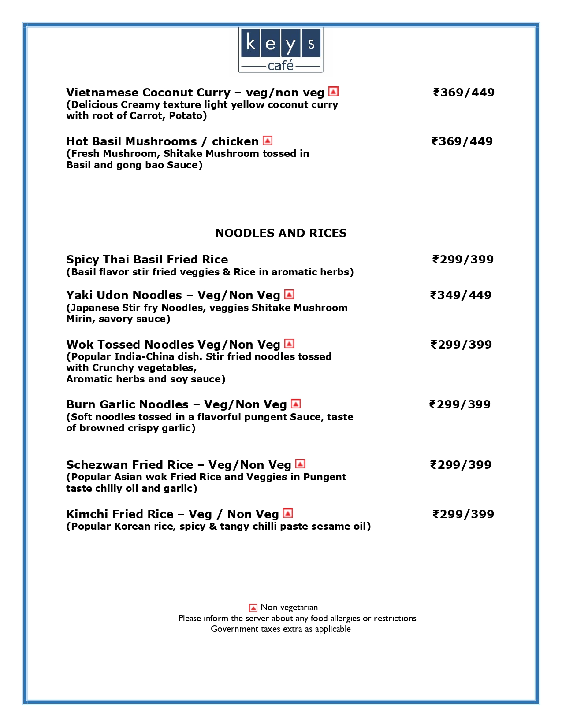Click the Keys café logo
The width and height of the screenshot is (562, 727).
tap(281, 50)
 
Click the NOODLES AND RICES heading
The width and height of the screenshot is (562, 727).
tap(281, 233)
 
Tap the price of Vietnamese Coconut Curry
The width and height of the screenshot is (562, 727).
tap(464, 93)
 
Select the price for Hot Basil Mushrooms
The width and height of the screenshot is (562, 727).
tap(462, 141)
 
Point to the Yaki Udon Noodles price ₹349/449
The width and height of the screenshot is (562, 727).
tap(461, 295)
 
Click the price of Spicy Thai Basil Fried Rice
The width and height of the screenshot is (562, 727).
tap(463, 260)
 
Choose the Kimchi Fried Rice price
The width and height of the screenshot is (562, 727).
tap(463, 514)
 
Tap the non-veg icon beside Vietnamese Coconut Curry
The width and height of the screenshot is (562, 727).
tap(334, 92)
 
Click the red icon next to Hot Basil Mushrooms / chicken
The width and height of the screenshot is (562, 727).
tap(268, 141)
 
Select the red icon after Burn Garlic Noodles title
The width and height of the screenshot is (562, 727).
tap(296, 404)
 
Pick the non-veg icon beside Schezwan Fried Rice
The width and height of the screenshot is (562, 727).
tap(300, 464)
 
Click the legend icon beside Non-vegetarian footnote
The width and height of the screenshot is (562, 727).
tap(253, 608)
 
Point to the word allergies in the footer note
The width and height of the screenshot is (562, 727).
tap(345, 618)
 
